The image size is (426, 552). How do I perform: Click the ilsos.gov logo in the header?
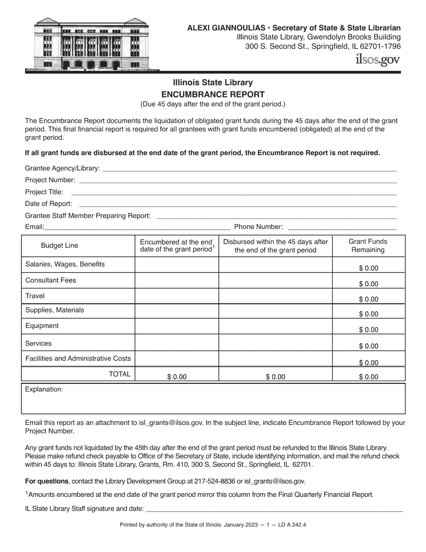tap(377, 59)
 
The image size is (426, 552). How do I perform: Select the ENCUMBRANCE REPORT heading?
tap(213, 94)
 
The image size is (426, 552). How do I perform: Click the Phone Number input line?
tap(342, 227)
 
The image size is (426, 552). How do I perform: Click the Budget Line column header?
tap(60, 245)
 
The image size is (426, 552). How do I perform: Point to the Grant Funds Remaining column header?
tap(368, 245)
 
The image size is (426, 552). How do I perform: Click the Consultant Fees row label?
tap(51, 280)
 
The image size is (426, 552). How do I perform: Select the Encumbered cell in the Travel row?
tap(177, 296)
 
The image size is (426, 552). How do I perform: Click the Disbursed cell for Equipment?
tap(275, 327)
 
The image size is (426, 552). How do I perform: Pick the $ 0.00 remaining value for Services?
tap(368, 346)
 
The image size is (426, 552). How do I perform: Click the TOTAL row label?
tap(119, 374)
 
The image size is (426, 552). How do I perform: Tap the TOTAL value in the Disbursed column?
tap(275, 377)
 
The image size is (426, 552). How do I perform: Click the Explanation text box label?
tap(44, 389)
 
